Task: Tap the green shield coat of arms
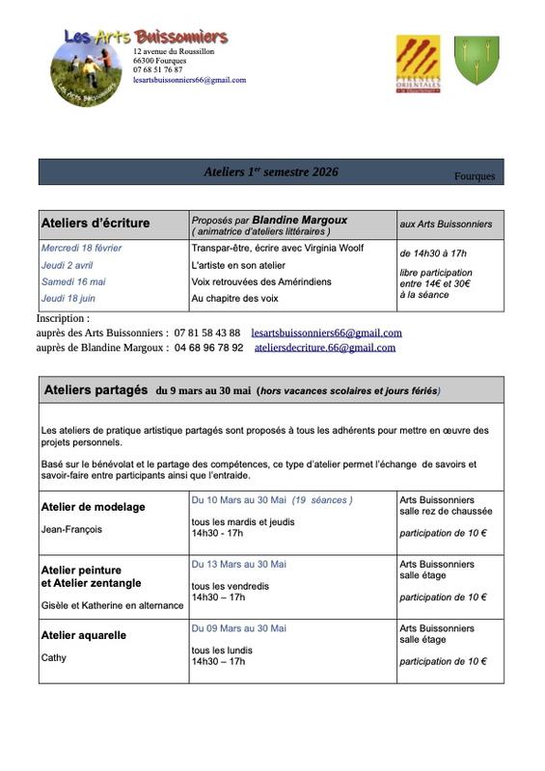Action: [477, 61]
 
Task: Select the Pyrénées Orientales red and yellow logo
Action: [418, 61]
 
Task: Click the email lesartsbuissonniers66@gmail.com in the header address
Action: [189, 80]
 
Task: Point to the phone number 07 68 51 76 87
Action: [157, 70]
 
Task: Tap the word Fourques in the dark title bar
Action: [474, 176]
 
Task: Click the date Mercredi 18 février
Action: [81, 248]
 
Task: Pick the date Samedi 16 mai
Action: [73, 281]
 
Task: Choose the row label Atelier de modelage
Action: [94, 507]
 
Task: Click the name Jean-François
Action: [71, 529]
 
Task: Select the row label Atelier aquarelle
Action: [84, 635]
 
